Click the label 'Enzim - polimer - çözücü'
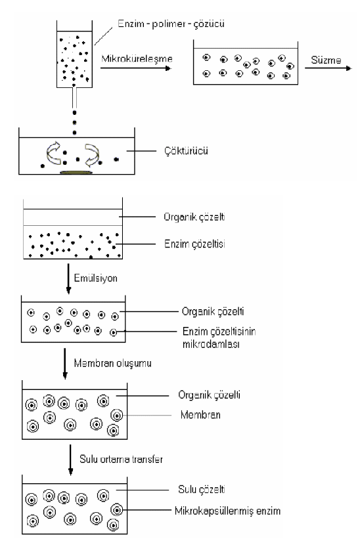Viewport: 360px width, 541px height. click(171, 24)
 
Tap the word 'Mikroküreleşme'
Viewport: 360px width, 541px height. click(137, 58)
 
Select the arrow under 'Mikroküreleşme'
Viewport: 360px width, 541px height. click(135, 68)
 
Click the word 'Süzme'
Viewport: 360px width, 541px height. click(326, 60)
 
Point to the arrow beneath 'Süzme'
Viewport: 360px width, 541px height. click(328, 68)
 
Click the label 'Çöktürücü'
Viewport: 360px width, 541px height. click(186, 151)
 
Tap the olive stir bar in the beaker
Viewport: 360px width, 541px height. click(76, 172)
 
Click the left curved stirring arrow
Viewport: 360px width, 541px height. click(53, 153)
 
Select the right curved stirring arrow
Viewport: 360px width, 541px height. click(92, 154)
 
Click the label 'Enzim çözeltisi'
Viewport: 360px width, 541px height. click(194, 244)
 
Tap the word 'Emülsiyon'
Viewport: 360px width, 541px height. click(96, 278)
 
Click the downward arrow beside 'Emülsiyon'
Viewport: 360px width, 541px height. click(68, 279)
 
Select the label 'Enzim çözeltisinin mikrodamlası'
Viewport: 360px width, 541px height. click(219, 337)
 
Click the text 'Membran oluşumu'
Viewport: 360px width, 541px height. click(112, 363)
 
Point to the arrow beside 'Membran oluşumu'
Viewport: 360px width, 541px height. click(65, 364)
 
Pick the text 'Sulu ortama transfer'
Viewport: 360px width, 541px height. click(121, 459)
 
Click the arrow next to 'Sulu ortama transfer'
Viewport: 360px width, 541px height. click(70, 460)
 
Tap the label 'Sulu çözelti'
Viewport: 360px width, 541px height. click(202, 489)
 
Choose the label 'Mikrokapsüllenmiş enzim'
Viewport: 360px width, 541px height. click(227, 511)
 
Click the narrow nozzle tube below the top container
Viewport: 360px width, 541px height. click(74, 98)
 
